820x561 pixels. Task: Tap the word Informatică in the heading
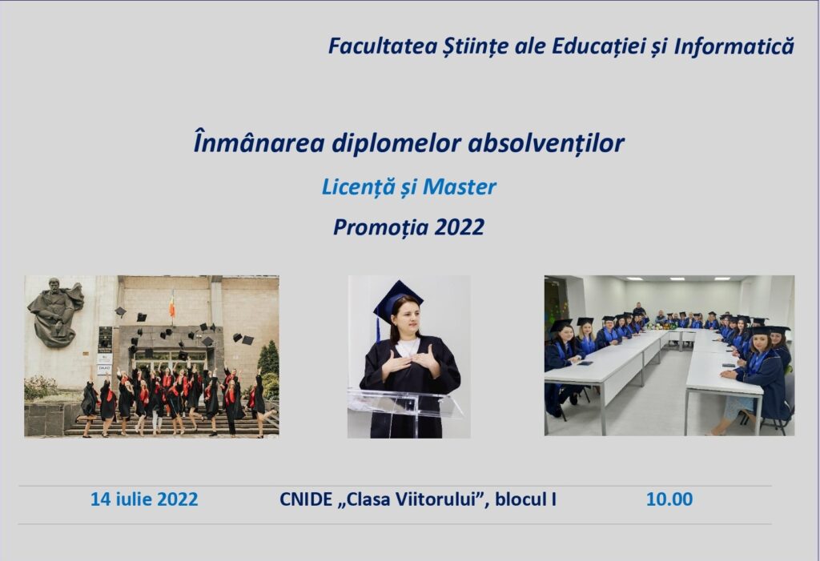tap(734, 46)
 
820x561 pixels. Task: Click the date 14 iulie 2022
tap(144, 499)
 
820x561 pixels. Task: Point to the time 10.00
tap(669, 499)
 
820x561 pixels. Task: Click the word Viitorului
tap(436, 499)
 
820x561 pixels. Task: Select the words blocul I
tap(525, 499)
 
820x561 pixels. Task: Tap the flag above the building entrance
tap(172, 305)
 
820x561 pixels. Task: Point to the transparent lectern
tap(405, 413)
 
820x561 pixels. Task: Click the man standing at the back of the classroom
tap(638, 311)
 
